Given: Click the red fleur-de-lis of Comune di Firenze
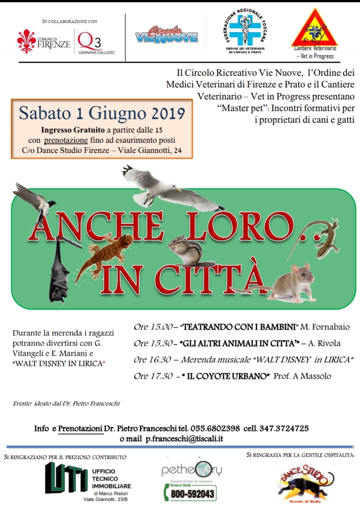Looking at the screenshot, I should (26, 41).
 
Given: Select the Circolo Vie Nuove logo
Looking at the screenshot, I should (167, 35).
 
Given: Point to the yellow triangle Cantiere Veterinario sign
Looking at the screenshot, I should (315, 29).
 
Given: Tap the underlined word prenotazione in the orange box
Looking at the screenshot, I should (66, 140).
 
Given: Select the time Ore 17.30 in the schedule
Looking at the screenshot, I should (153, 376).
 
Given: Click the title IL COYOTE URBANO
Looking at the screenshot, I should (228, 376).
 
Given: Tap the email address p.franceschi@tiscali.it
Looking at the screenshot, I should (184, 439).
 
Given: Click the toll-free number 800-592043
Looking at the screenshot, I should (192, 494).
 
